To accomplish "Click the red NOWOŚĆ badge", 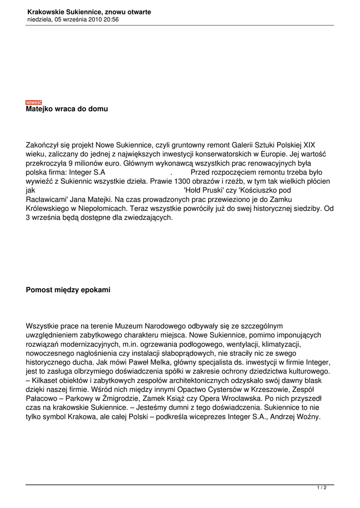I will click(x=34, y=102).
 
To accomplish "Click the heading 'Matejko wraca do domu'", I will click(x=67, y=109).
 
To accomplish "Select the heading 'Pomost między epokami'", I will click(x=68, y=289).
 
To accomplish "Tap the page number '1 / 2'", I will click(x=322, y=488).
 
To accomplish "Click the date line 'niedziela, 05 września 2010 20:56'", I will click(x=73, y=19).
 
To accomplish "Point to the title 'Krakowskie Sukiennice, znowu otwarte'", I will click(x=89, y=11).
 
